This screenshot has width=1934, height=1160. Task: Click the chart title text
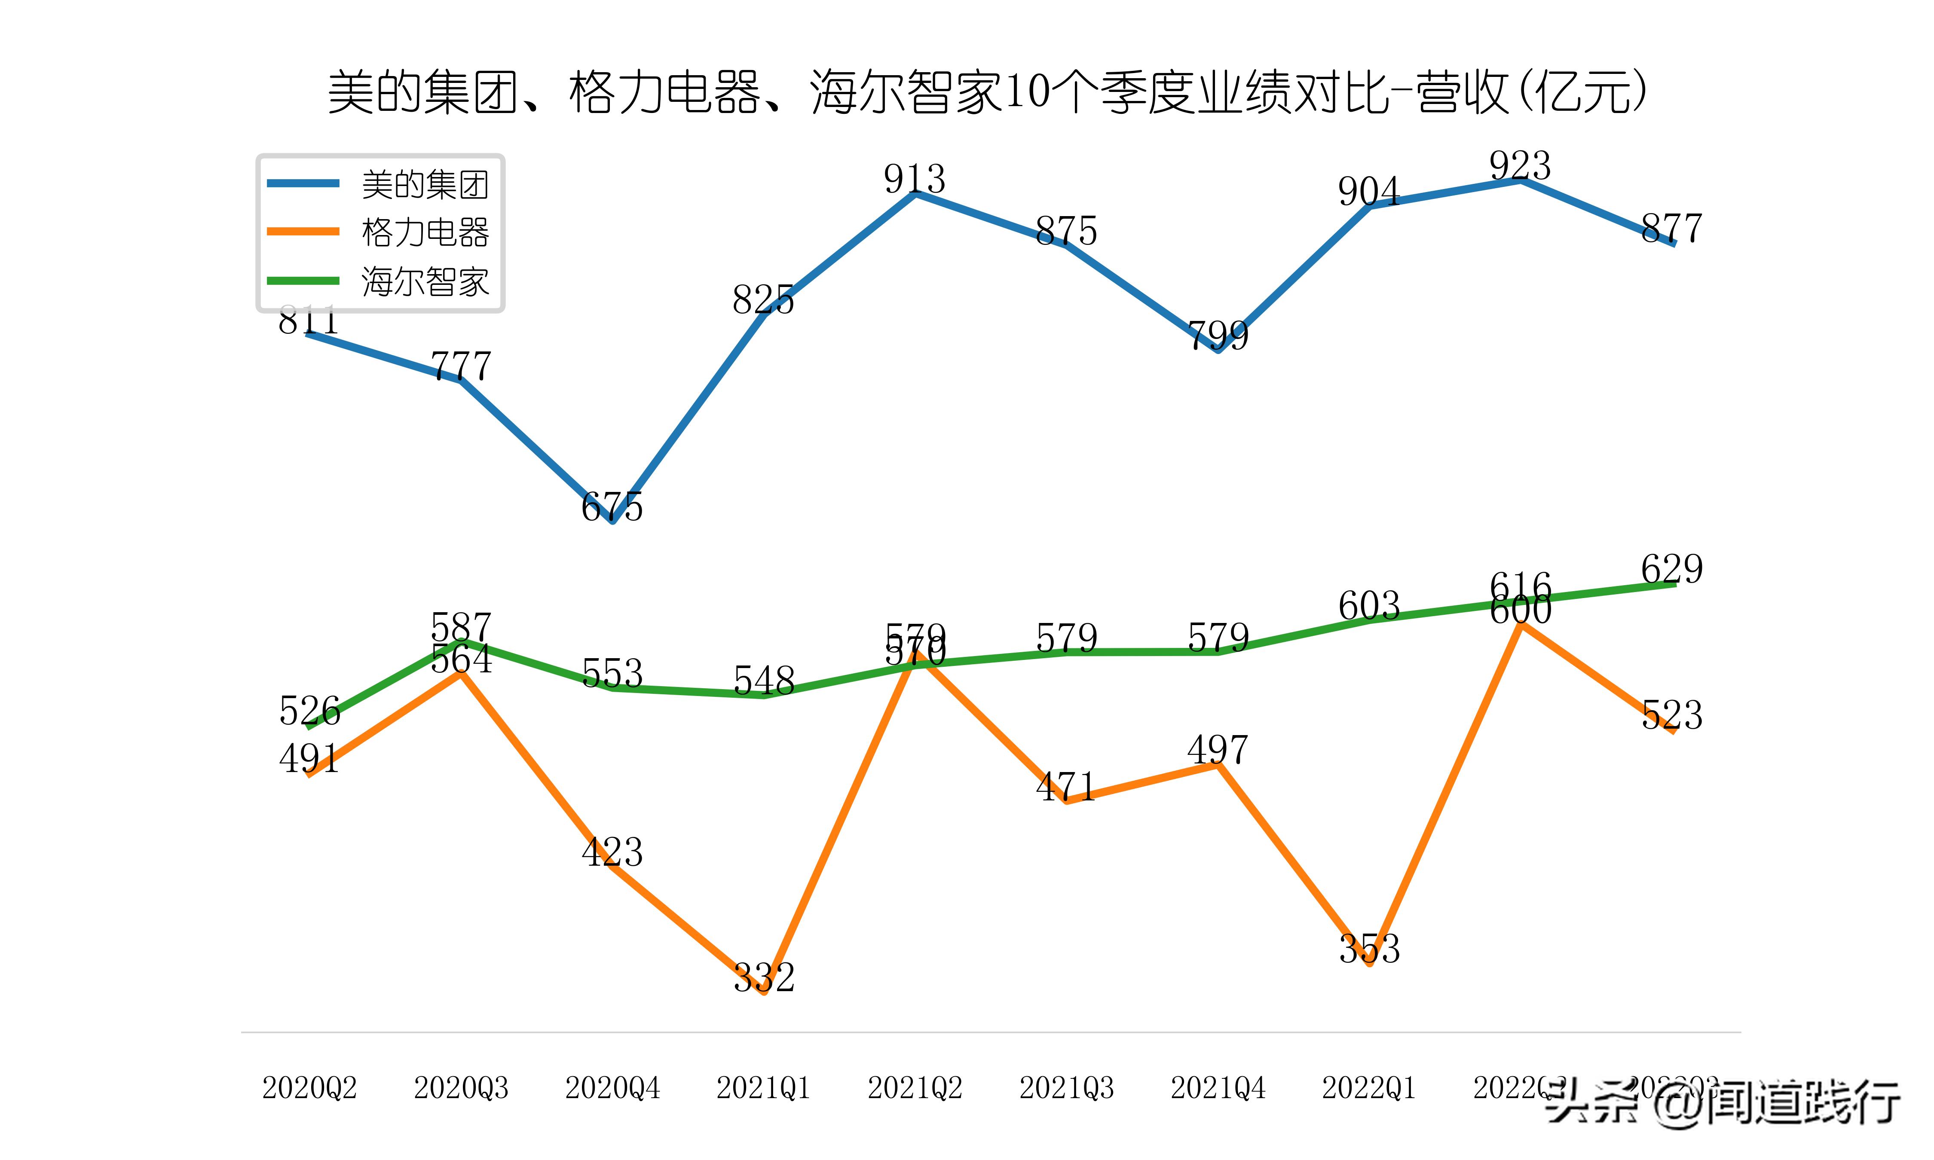(986, 92)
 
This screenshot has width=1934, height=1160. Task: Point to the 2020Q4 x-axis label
(612, 1088)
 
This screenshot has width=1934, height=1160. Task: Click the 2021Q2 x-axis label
(915, 1088)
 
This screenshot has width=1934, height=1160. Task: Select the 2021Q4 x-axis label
(1217, 1088)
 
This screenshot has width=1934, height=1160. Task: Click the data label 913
(915, 179)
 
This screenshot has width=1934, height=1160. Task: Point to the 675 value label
(612, 507)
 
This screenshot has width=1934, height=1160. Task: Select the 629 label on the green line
(1671, 569)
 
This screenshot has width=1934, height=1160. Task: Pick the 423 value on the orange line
(612, 852)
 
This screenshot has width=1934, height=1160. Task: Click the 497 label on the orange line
(1217, 750)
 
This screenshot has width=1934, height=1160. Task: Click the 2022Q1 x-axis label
(1369, 1088)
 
